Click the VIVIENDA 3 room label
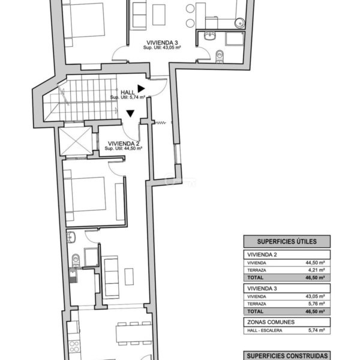162,43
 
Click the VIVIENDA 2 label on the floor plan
124,143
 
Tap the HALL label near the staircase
128,92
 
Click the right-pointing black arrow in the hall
141,89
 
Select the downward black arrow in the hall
130,113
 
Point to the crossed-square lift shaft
76,141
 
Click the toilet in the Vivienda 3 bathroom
220,56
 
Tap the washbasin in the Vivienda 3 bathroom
210,36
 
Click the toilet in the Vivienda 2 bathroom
76,260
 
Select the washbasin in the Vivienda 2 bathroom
71,237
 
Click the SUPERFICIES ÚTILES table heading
287,242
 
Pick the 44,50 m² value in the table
315,263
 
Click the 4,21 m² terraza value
316,270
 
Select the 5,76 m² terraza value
316,304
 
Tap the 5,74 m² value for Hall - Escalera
316,331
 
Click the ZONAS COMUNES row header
271,322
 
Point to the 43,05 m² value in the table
315,296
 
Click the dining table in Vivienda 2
134,334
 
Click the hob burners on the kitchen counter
74,347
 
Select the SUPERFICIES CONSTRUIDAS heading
287,356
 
